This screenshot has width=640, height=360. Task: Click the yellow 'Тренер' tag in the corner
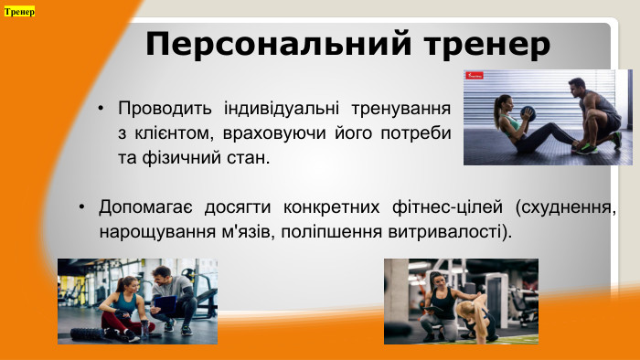(x=19, y=12)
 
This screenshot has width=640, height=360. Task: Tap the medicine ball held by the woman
(x=527, y=114)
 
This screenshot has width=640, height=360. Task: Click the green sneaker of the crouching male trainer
(x=613, y=141)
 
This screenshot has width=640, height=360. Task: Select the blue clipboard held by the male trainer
(x=165, y=302)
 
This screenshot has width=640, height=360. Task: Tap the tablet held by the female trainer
(x=427, y=312)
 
